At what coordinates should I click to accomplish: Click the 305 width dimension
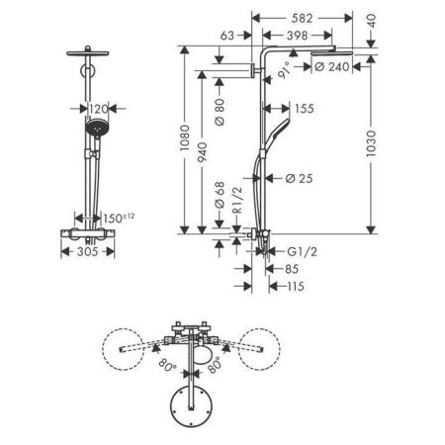[89, 253]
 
